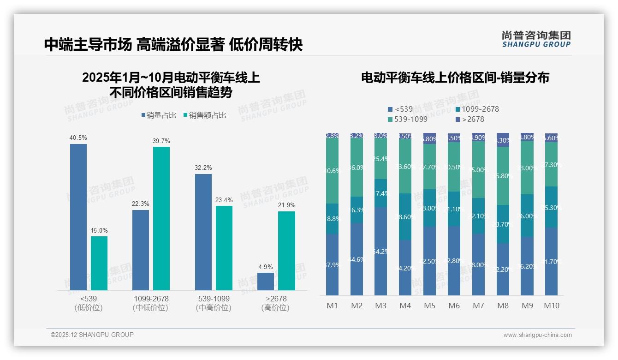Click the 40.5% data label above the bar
coord(78,138)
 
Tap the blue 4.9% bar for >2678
coord(266,281)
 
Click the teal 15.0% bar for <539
coord(99,263)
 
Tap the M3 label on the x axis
coord(380,306)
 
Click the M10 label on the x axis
coord(551,306)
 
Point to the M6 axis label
coord(454,306)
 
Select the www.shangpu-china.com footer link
coord(537,335)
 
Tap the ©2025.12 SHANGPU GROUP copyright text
coord(92,335)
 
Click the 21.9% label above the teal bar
coord(286,205)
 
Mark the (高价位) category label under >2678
coord(275,308)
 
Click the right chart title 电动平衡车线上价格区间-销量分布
coord(455,78)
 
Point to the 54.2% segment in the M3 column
coord(380,252)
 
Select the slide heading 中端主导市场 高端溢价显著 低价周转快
coord(173,45)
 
